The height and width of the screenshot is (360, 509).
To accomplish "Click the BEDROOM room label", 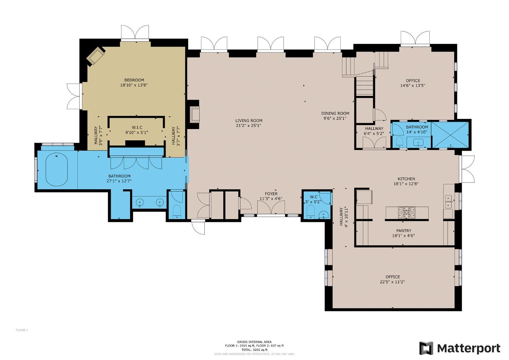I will pos(134,80).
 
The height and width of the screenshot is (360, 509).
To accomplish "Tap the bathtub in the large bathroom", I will pos(57,169).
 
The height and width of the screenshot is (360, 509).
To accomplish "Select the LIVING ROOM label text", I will pos(249,121).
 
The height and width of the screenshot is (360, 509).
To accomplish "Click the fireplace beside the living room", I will pos(195,114).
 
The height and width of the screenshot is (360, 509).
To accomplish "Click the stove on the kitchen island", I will pos(407,213).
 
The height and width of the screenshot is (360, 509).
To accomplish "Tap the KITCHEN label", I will pos(406,179).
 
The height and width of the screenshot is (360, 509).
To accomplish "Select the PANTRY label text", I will pos(403,231).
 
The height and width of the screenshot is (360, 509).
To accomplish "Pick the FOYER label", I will pos(271,194).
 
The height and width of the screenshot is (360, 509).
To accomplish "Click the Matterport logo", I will pos(460,348).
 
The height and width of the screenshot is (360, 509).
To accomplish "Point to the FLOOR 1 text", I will pos(22,330).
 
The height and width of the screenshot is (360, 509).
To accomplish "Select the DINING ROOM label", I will pos(335,113).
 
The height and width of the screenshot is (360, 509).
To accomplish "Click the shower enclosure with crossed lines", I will pos(451,135).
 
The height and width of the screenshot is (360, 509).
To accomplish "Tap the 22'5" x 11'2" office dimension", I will pos(393,282).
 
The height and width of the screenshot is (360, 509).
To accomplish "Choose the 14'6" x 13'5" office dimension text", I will pos(413,86).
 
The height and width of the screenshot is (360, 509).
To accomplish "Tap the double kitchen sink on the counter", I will pos(449,201).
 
